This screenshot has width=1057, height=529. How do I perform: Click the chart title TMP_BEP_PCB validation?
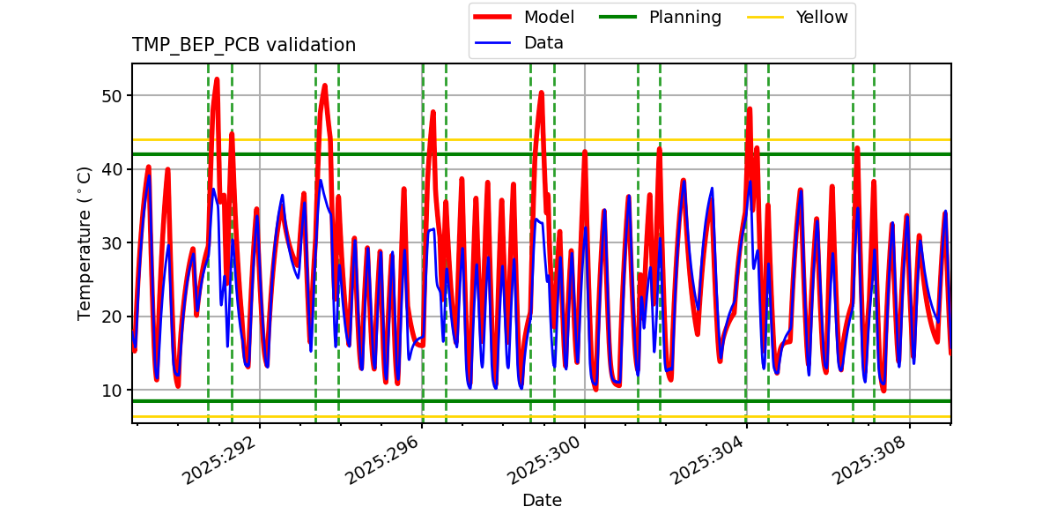pyautogui.click(x=244, y=45)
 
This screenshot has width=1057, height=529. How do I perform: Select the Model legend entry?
pyautogui.click(x=548, y=18)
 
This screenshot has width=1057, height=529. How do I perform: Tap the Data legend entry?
pyautogui.click(x=543, y=43)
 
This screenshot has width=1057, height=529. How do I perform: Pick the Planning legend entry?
pyautogui.click(x=684, y=18)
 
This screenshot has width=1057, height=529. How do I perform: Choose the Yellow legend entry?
pyautogui.click(x=821, y=18)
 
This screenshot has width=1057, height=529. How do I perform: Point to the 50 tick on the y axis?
pyautogui.click(x=113, y=95)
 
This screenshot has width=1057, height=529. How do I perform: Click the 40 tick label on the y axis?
pyautogui.click(x=113, y=169)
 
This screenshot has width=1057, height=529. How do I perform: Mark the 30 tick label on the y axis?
pyautogui.click(x=113, y=242)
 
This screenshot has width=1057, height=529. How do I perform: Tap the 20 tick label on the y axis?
pyautogui.click(x=113, y=317)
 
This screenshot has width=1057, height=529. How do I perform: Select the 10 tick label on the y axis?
pyautogui.click(x=113, y=390)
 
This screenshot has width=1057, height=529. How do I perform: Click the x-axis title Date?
pyautogui.click(x=542, y=501)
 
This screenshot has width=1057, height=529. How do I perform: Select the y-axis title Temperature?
pyautogui.click(x=85, y=243)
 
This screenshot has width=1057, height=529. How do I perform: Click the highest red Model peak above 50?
pyautogui.click(x=217, y=80)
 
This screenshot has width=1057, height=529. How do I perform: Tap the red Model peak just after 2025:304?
pyautogui.click(x=750, y=109)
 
